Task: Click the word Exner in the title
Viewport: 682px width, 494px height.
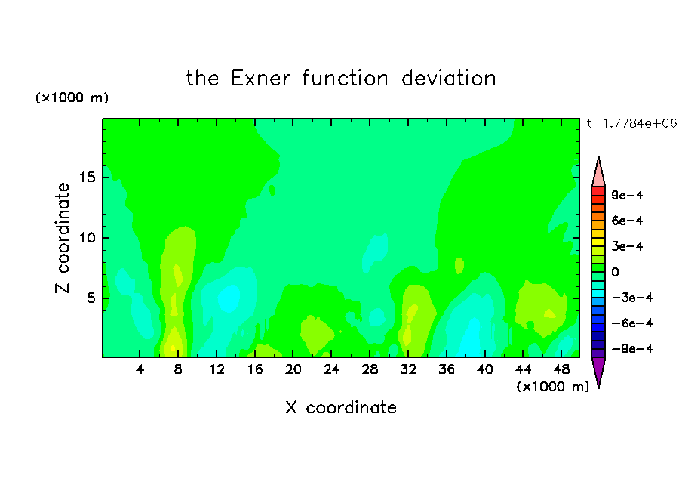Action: click(x=260, y=79)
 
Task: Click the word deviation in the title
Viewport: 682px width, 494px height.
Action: click(x=448, y=79)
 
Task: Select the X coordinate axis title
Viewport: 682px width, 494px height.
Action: click(x=341, y=407)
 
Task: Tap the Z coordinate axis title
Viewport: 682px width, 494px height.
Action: click(x=63, y=238)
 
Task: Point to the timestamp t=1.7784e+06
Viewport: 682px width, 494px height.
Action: click(x=632, y=123)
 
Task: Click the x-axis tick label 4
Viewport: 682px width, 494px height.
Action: click(x=140, y=370)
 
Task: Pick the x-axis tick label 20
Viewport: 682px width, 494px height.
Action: click(x=293, y=370)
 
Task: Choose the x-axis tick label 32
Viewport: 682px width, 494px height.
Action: click(x=408, y=370)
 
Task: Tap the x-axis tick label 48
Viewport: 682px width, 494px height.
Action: click(x=561, y=370)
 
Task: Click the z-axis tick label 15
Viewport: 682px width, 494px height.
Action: click(x=87, y=178)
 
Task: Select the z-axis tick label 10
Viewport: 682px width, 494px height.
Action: click(x=87, y=238)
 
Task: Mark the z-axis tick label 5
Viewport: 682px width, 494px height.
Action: click(x=91, y=298)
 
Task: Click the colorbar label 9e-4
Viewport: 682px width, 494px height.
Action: click(x=627, y=195)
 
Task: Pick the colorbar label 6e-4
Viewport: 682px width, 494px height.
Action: click(x=627, y=221)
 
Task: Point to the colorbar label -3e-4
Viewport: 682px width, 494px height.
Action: click(x=632, y=298)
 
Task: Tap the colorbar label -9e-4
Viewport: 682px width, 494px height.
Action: click(x=632, y=348)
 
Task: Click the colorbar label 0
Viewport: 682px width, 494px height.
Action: click(x=615, y=272)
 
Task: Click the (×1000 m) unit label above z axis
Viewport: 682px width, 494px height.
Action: click(x=72, y=97)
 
